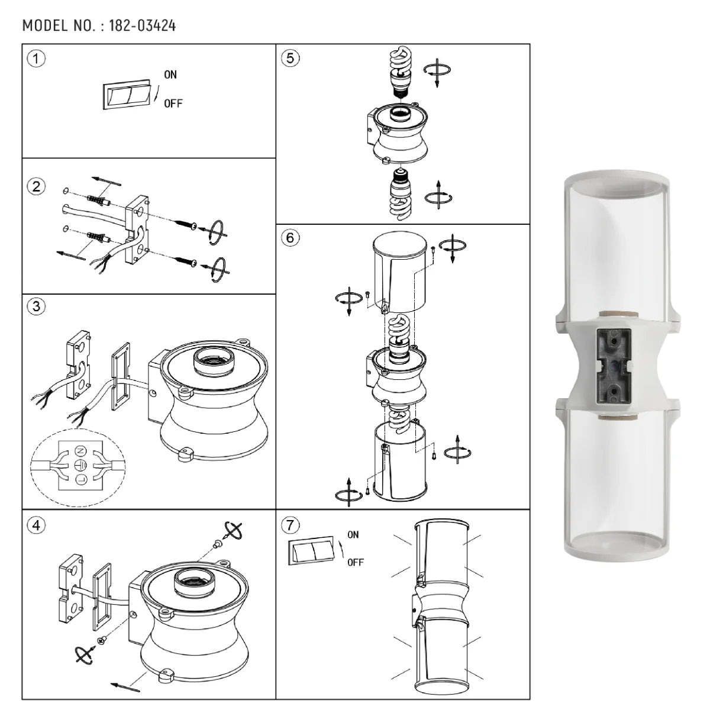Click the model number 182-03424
click(x=142, y=26)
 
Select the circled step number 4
click(x=37, y=525)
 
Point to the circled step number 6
click(x=289, y=238)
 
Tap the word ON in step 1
click(x=170, y=75)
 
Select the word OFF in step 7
click(x=355, y=562)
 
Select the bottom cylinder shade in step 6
click(x=400, y=464)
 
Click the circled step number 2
click(x=37, y=187)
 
